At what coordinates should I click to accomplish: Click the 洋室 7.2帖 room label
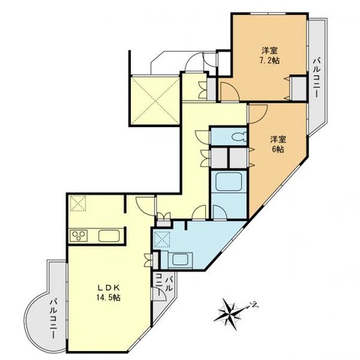point(271,56)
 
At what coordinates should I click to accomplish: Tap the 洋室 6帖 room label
point(278,144)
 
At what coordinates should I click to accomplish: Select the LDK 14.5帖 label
point(109,292)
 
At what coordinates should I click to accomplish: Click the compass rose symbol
point(232,313)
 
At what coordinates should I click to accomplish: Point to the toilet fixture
point(239,137)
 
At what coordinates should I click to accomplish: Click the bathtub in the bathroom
point(228,182)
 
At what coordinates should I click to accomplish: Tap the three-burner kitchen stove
point(79,235)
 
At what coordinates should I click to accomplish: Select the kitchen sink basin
point(109,236)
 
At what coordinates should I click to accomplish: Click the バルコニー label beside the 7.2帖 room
point(317,78)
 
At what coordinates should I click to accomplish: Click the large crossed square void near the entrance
point(156,101)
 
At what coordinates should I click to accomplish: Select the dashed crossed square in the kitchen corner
point(77,203)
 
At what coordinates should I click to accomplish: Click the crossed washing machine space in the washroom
point(162,239)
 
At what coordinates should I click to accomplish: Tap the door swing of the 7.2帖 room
point(228,92)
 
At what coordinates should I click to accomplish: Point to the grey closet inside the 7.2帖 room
point(299,88)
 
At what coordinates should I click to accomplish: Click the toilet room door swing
point(203,137)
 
